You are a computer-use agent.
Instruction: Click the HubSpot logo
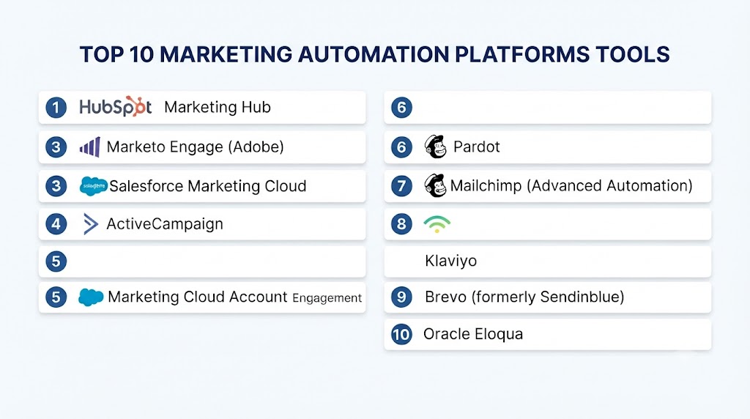coord(115,107)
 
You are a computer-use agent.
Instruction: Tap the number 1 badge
coord(56,107)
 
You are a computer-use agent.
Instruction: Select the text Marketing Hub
coord(218,107)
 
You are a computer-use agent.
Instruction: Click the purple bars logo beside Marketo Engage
coord(90,147)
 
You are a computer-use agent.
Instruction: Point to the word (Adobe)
coord(256,147)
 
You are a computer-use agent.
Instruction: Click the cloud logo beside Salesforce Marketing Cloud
coord(93,186)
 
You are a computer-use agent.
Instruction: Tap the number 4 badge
coord(56,224)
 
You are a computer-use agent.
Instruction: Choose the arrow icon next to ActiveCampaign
coord(90,224)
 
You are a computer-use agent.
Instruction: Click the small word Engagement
coord(327,298)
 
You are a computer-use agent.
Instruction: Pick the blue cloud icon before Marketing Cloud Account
coord(91,297)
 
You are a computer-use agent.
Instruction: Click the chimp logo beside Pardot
coord(435,147)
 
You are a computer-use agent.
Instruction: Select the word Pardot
coord(476,147)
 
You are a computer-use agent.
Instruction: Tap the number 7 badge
coord(401,185)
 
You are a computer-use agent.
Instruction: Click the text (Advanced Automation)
coord(610,185)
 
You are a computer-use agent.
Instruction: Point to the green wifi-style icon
coord(437,224)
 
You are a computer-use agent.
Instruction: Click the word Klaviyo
coord(450,262)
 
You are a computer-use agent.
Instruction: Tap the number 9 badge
coord(401,297)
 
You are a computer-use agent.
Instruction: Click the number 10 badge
coord(401,334)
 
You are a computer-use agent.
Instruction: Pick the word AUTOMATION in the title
coord(374,54)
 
